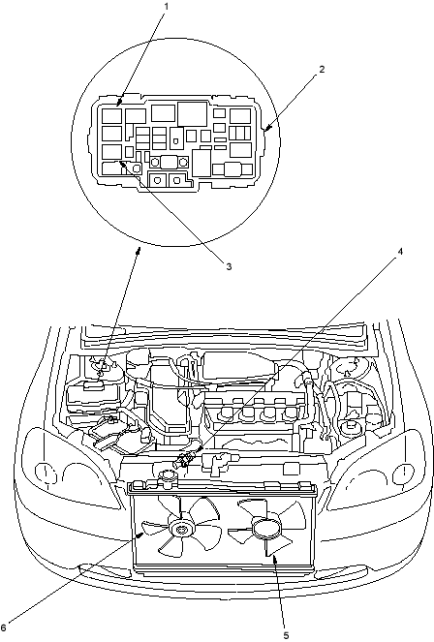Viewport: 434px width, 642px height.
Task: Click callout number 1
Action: click(166, 7)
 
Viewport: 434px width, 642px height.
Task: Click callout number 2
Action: click(322, 69)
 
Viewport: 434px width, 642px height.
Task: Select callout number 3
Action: click(229, 266)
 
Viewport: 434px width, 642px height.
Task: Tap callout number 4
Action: click(400, 252)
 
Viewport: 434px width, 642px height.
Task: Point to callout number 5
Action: click(286, 635)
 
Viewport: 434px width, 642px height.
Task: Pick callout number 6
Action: click(3, 627)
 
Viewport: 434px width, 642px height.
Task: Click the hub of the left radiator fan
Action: click(180, 530)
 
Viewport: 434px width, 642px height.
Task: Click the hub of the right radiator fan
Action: click(264, 528)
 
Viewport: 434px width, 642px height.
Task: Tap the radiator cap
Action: click(167, 477)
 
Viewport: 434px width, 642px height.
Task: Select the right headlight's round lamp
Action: click(402, 473)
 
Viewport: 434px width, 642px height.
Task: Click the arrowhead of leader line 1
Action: click(119, 102)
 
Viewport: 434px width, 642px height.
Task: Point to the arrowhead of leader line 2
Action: click(267, 129)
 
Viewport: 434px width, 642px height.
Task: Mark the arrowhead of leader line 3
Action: click(122, 164)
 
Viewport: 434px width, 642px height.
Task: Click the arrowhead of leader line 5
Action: click(273, 557)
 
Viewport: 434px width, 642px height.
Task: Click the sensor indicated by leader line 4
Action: click(184, 459)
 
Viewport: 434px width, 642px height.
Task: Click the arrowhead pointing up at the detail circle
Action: click(139, 251)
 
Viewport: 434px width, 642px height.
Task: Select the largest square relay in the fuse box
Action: click(192, 113)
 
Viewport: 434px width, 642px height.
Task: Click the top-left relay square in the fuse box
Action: click(111, 115)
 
